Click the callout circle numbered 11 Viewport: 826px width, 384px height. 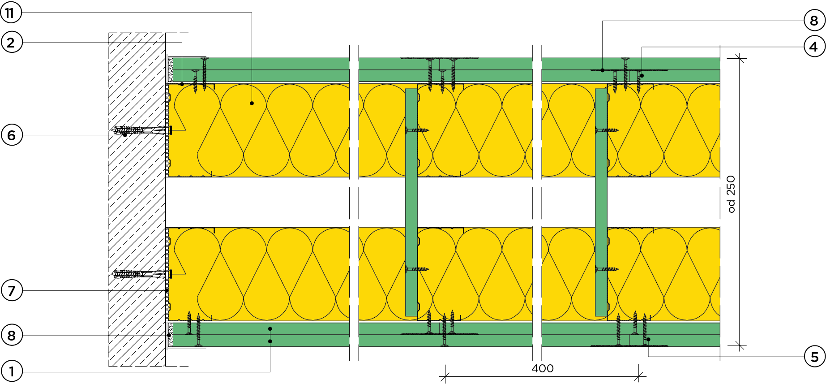point(11,13)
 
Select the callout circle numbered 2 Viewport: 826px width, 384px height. point(12,42)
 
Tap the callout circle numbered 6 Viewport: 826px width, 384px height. point(12,135)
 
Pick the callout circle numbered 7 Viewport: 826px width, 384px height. point(12,290)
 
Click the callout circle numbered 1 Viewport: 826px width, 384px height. point(12,371)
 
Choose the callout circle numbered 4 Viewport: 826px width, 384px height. point(814,46)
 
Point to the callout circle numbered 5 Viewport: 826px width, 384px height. point(814,357)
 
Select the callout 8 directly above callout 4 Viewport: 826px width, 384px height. point(814,21)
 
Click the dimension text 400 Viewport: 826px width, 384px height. point(543,368)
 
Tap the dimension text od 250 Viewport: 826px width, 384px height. point(731,194)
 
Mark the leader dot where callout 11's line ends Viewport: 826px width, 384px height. point(252,103)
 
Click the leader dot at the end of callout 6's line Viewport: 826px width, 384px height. point(125,135)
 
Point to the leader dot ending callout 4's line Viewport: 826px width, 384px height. point(642,76)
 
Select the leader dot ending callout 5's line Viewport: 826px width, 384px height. point(648,339)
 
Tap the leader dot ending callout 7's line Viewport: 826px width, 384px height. point(167,290)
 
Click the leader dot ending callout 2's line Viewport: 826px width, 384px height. point(182,84)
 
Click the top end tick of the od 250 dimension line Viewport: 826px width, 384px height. point(740,58)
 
